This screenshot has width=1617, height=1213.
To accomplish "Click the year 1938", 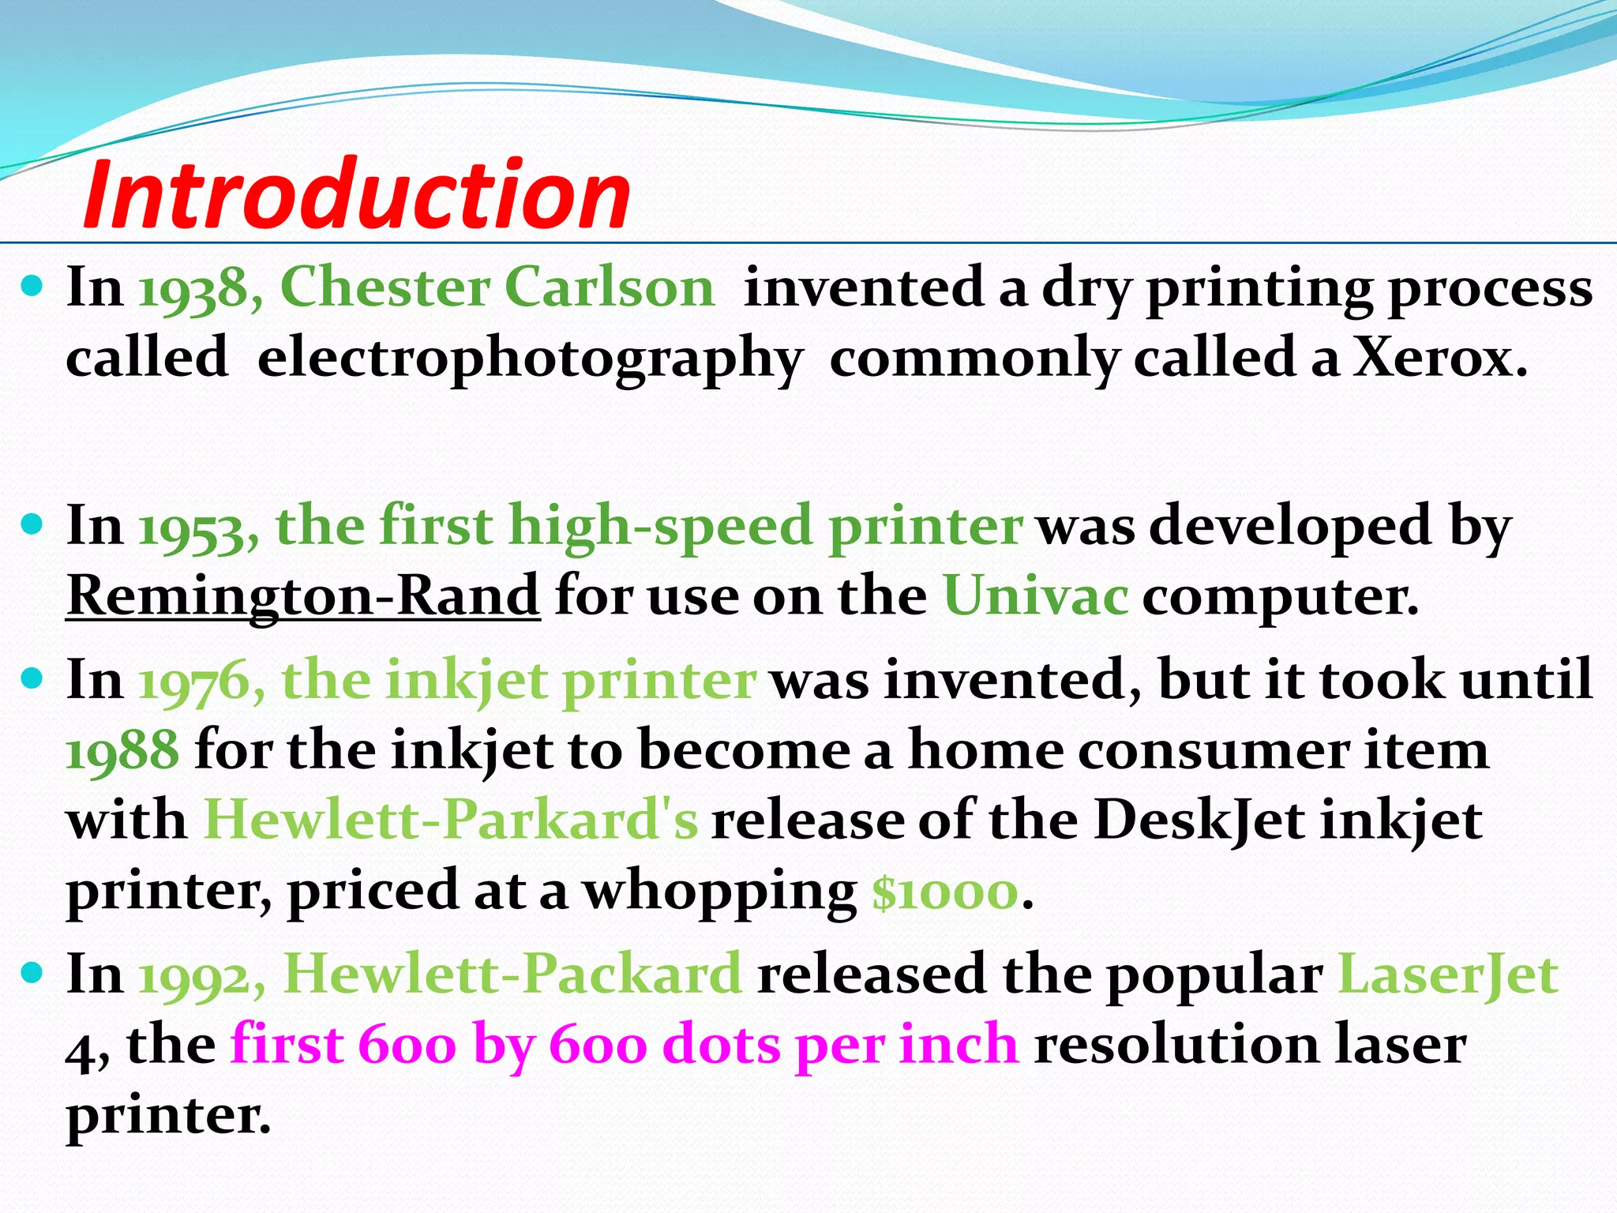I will (x=193, y=288).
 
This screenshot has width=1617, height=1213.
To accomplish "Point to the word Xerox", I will (x=1440, y=358).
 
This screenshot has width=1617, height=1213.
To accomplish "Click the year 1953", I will (x=193, y=528).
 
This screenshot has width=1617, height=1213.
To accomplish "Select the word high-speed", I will (x=660, y=528).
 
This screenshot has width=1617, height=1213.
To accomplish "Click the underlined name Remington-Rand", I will (x=303, y=596).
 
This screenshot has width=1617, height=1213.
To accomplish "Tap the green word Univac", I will (x=1035, y=596).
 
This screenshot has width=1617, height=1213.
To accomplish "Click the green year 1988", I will (x=122, y=750).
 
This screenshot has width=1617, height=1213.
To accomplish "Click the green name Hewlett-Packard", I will (x=512, y=975).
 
